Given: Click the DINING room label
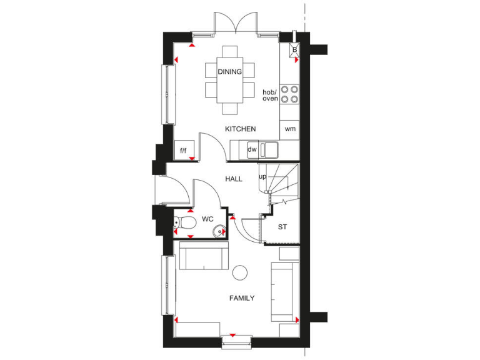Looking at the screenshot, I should click(229, 72).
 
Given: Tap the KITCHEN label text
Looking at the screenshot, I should click(241, 129).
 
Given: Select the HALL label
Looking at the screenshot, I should click(234, 179).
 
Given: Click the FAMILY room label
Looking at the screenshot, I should click(241, 298).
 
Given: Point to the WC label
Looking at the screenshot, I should click(207, 220).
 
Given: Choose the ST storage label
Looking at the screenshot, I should click(282, 226).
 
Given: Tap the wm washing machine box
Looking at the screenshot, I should click(290, 129).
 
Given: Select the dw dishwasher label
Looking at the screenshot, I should click(252, 149).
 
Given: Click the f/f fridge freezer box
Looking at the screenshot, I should click(184, 150).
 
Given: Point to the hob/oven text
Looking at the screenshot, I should click(270, 95).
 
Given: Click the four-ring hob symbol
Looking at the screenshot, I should click(289, 94).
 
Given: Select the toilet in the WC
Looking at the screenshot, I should click(181, 222).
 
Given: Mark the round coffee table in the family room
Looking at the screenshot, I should click(239, 272).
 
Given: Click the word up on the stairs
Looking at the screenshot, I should click(263, 177).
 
